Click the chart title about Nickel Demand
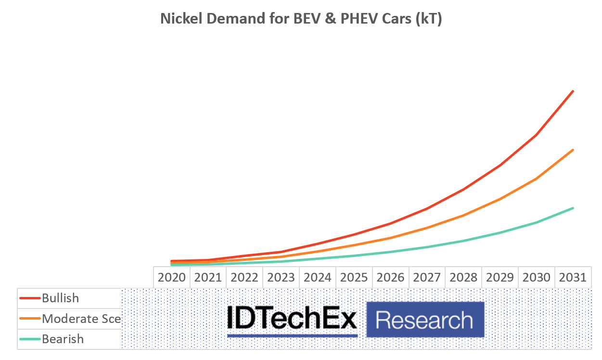[301, 19]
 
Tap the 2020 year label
[172, 278]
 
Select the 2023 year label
[281, 278]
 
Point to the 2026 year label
[390, 278]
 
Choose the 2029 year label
[500, 278]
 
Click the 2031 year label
[573, 278]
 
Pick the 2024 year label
[318, 278]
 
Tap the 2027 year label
[427, 278]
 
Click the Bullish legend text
[60, 298]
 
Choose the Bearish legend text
[63, 339]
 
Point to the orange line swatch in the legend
[30, 319]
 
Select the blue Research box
[424, 320]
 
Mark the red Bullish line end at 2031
[573, 91]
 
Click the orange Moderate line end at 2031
[573, 150]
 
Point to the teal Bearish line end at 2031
[573, 208]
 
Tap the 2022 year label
[244, 278]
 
